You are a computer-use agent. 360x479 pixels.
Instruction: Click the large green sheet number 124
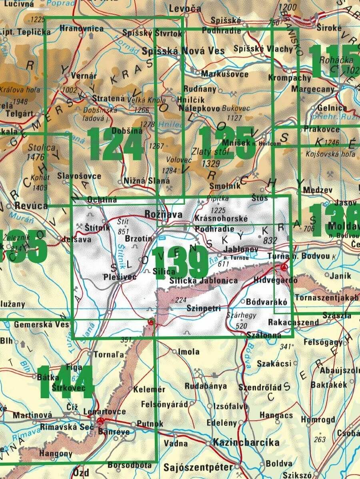(116, 145)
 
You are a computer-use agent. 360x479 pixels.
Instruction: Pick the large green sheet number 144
(66, 382)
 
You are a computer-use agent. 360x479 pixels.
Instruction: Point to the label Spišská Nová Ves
(184, 51)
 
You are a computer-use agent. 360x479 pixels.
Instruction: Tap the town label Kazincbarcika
(246, 443)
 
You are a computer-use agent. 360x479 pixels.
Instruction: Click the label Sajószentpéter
(198, 467)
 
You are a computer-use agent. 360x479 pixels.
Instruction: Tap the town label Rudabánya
(206, 386)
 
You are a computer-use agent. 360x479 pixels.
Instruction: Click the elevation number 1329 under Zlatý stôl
(212, 163)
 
